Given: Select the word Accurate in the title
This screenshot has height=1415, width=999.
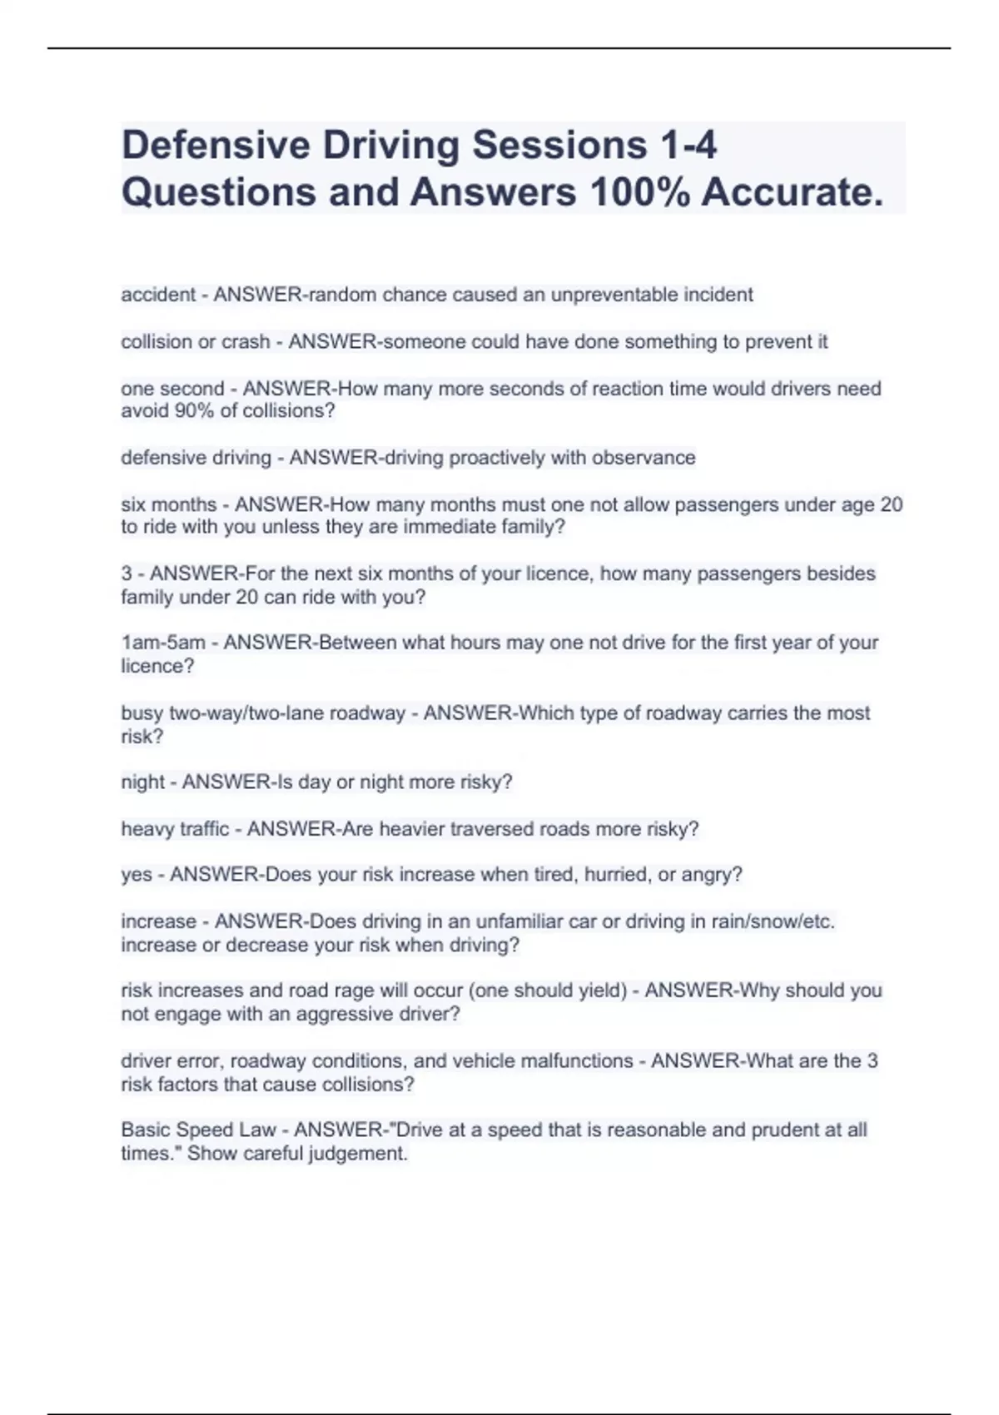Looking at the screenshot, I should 792,192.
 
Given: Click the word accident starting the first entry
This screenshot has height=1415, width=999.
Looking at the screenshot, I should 158,295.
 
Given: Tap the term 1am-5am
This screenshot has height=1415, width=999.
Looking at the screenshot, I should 163,643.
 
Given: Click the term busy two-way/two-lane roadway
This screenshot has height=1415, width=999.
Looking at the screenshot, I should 262,713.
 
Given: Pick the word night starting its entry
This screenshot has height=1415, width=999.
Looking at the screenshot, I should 142,782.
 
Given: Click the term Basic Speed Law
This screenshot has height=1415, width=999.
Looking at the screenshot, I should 197,1130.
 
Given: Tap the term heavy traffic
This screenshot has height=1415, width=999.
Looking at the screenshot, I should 174,829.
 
